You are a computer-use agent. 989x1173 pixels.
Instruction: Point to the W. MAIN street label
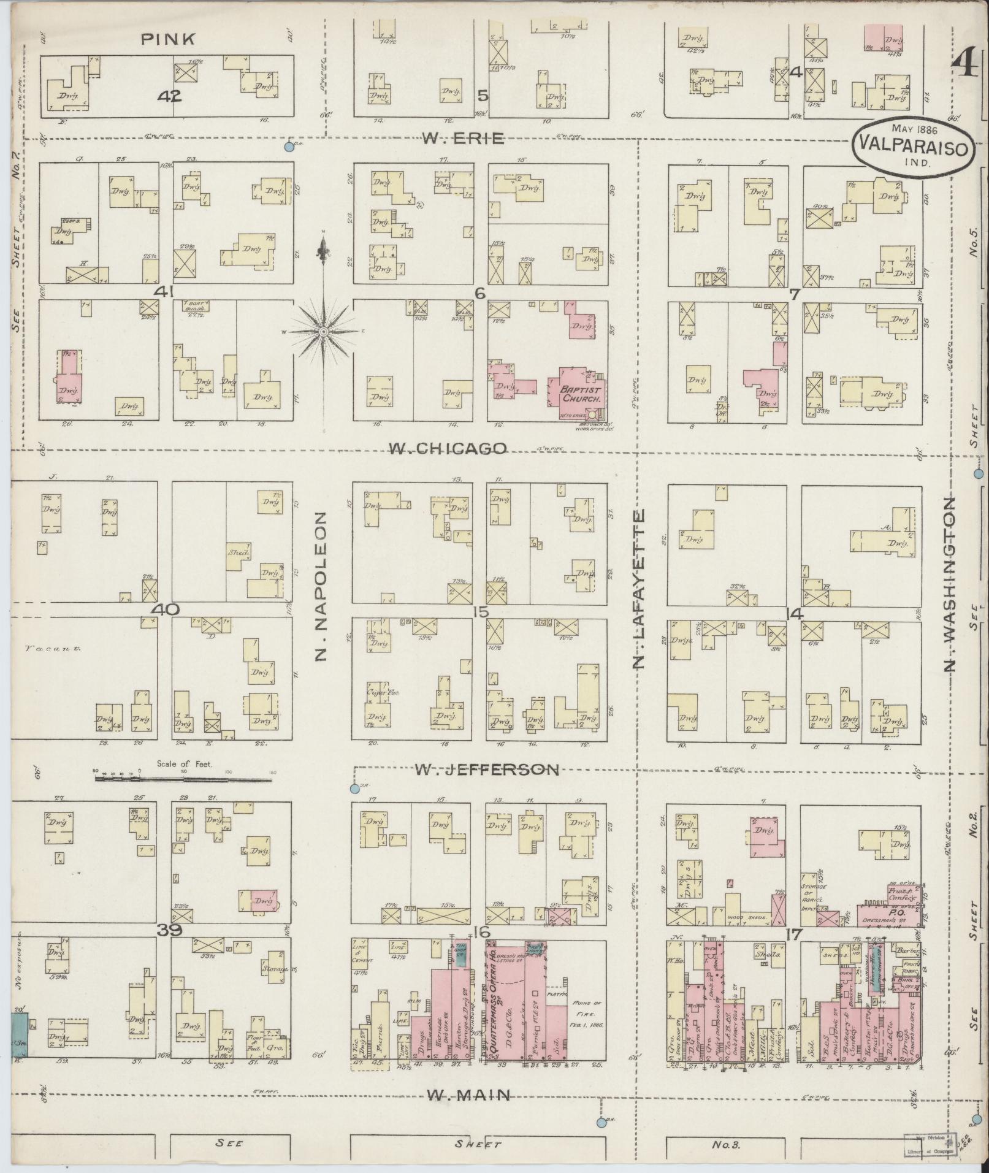[x=468, y=1094]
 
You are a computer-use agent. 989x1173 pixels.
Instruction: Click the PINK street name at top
[x=169, y=39]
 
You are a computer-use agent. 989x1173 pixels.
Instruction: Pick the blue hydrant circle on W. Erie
[x=289, y=148]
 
